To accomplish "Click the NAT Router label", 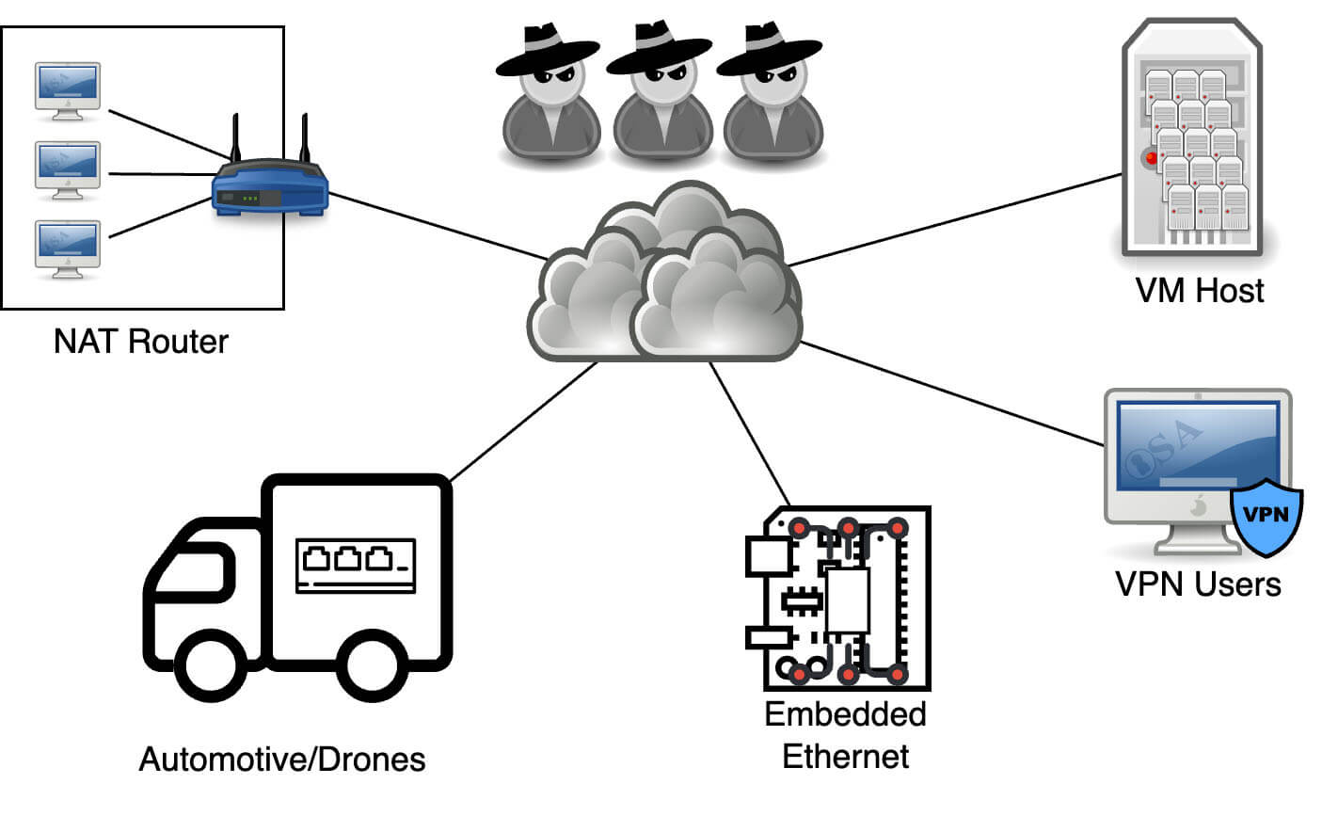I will point(141,341).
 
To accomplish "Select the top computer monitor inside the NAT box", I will point(67,90).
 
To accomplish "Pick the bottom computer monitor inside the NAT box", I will point(67,248).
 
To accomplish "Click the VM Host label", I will point(1200,290).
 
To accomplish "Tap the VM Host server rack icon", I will point(1193,141).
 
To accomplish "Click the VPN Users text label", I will point(1198,584).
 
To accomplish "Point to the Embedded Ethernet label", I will point(845,735).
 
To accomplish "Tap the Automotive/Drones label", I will point(282,759).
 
